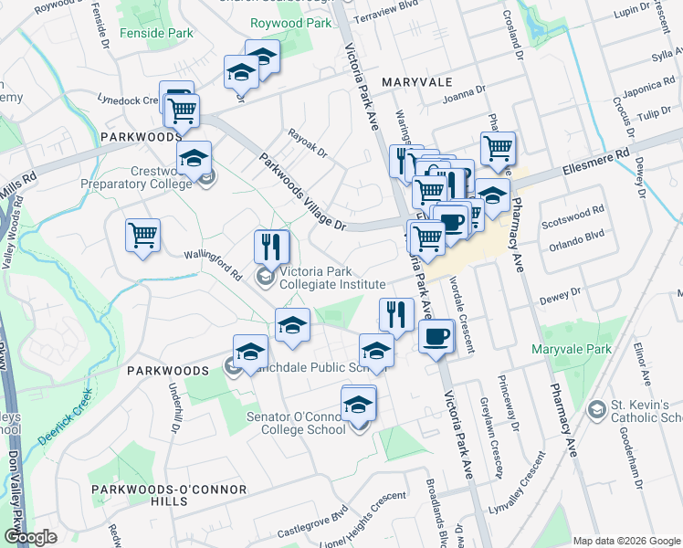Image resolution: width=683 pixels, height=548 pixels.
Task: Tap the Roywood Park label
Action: (294, 23)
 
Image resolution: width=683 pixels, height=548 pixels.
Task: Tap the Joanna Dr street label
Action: (463, 93)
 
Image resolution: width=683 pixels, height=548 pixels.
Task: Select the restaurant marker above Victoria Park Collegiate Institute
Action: (272, 247)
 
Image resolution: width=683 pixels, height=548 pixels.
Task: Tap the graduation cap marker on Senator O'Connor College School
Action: (360, 403)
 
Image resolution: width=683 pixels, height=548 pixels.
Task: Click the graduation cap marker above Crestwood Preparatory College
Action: (194, 159)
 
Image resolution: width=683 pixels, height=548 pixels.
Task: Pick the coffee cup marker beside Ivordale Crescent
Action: (436, 336)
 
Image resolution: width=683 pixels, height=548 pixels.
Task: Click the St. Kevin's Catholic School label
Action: (644, 411)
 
